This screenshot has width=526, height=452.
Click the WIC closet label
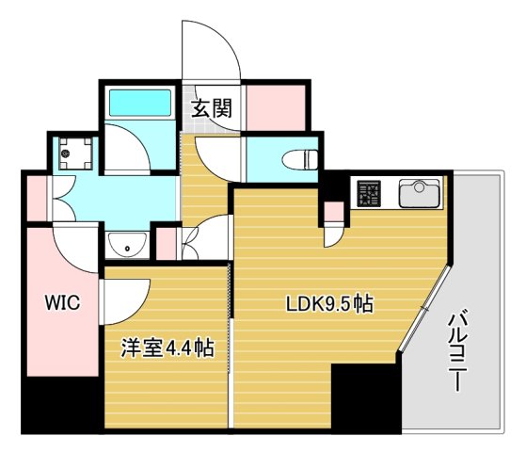59,303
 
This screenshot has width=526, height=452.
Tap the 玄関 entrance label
213,106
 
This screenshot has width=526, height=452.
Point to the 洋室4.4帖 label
166,348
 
